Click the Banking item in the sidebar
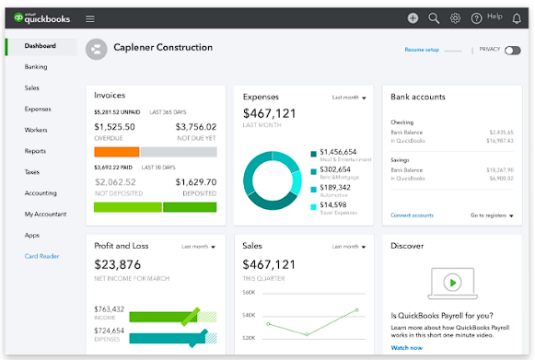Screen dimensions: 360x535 36,66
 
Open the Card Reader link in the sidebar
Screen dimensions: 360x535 41,256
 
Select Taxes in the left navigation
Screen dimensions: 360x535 32,172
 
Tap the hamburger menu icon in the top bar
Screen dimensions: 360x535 90,17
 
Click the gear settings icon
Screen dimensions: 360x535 455,17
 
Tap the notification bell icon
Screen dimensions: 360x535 516,17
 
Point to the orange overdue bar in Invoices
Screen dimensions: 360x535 116,151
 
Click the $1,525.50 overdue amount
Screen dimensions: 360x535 114,127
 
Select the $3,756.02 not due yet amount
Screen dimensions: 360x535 195,127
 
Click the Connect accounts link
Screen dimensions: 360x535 412,215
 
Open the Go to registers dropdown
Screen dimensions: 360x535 492,215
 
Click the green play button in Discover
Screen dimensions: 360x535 451,282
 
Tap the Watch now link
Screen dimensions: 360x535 407,348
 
